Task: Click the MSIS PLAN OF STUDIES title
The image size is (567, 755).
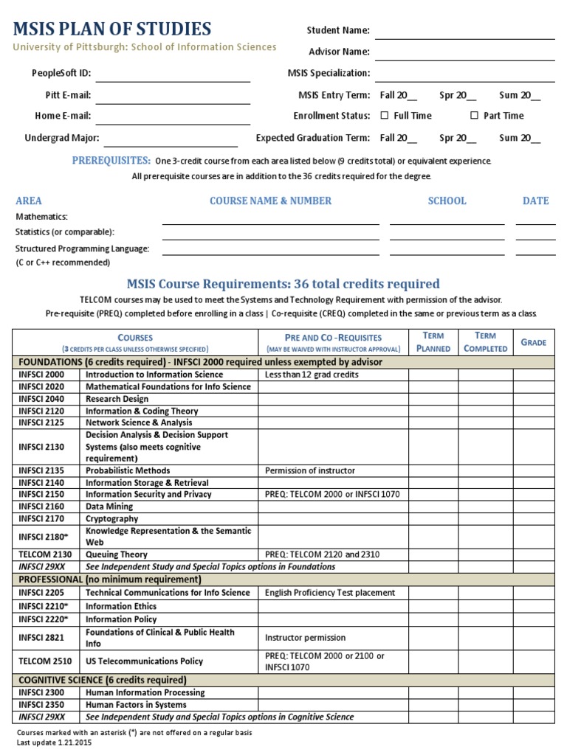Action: pyautogui.click(x=111, y=29)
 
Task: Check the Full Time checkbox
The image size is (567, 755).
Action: pyautogui.click(x=384, y=116)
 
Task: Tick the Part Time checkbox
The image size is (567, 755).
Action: pyautogui.click(x=474, y=116)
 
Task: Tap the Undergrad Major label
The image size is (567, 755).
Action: pyautogui.click(x=62, y=138)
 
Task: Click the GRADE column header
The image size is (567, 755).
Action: pyautogui.click(x=533, y=342)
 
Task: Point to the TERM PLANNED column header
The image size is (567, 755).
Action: pyautogui.click(x=433, y=342)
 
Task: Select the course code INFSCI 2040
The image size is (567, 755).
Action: pyautogui.click(x=42, y=399)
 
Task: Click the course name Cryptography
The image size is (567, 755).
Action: pyautogui.click(x=111, y=518)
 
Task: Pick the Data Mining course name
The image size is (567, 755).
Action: pyautogui.click(x=109, y=507)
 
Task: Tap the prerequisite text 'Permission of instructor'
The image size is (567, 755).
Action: pyautogui.click(x=310, y=470)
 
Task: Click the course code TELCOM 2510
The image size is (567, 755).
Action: pyautogui.click(x=46, y=661)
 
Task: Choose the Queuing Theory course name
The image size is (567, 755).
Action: pyautogui.click(x=117, y=554)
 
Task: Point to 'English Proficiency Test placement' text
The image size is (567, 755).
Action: pyautogui.click(x=330, y=593)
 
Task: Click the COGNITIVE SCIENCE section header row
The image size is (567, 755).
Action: pyautogui.click(x=103, y=680)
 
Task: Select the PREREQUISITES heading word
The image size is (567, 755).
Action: pyautogui.click(x=111, y=161)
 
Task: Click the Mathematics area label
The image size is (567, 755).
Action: pyautogui.click(x=42, y=217)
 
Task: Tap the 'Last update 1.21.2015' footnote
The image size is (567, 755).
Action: pyautogui.click(x=55, y=742)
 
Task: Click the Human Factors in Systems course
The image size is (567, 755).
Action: pyautogui.click(x=135, y=705)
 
